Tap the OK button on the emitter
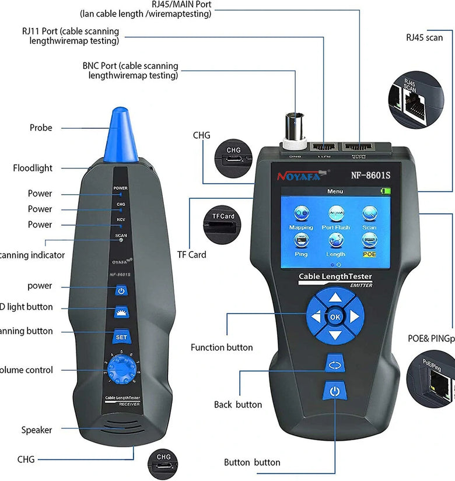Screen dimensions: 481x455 pyautogui.click(x=335, y=316)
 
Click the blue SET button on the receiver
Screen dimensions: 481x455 pyautogui.click(x=121, y=336)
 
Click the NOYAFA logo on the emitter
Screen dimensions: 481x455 pyautogui.click(x=297, y=175)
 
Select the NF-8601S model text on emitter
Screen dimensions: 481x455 pyautogui.click(x=374, y=174)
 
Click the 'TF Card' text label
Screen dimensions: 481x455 pyautogui.click(x=192, y=255)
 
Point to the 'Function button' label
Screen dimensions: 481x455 pyautogui.click(x=222, y=347)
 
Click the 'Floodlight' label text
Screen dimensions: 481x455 pyautogui.click(x=33, y=168)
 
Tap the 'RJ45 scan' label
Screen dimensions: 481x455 pyautogui.click(x=424, y=37)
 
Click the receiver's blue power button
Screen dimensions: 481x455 pyautogui.click(x=121, y=290)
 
